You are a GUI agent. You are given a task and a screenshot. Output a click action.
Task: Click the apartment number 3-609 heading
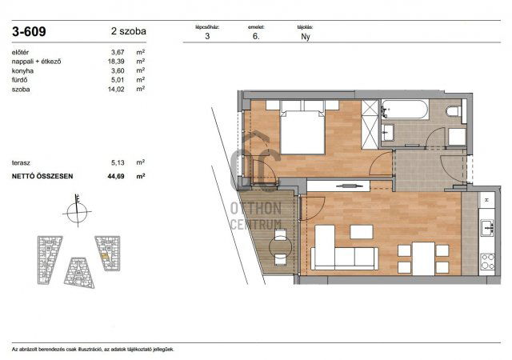pyautogui.click(x=30, y=33)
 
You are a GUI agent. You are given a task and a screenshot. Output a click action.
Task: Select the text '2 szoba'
pyautogui.click(x=129, y=33)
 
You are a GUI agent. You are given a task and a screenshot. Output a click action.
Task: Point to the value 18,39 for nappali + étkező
pyautogui.click(x=118, y=62)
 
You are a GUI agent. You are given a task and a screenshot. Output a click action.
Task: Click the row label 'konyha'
pyautogui.click(x=24, y=70)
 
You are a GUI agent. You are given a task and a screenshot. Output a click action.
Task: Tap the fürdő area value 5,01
pyautogui.click(x=118, y=80)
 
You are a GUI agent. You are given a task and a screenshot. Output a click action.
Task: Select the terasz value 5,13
pyautogui.click(x=118, y=162)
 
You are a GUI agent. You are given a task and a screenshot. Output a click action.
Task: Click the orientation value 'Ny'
pyautogui.click(x=305, y=36)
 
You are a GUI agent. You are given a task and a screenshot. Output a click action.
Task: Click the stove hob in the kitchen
pyautogui.click(x=486, y=260)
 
